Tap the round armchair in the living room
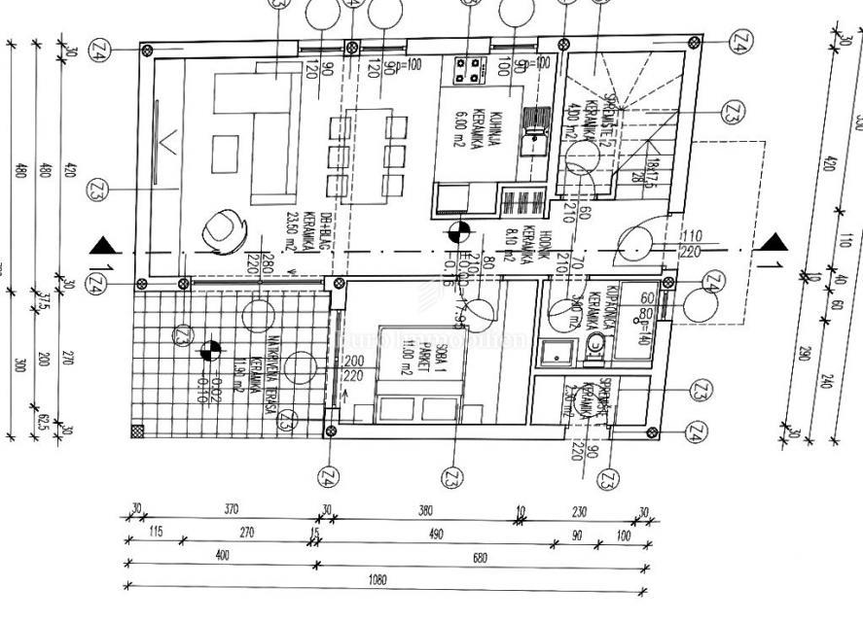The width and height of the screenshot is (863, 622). (x=219, y=228)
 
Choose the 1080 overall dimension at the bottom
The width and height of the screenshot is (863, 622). (x=378, y=580)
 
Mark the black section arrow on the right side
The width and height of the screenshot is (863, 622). (x=773, y=242)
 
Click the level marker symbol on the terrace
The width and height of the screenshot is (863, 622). (x=209, y=350)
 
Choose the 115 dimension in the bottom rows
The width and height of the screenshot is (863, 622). (x=156, y=533)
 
